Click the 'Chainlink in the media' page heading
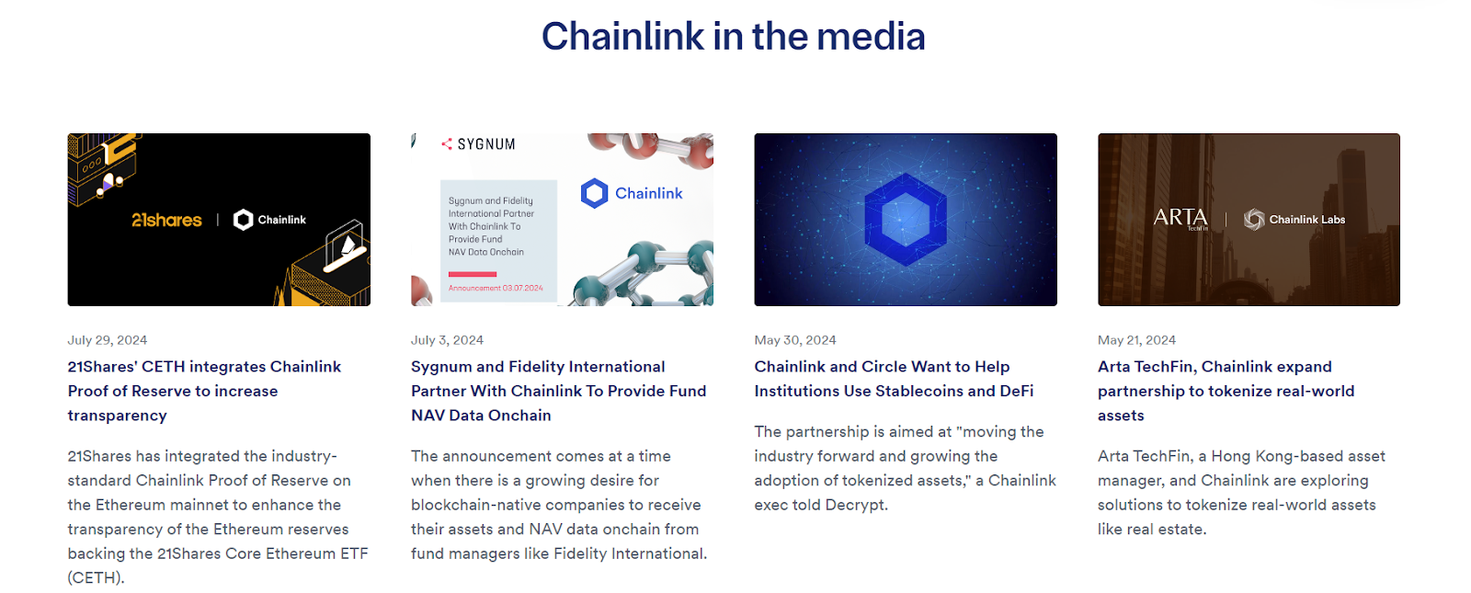(x=733, y=36)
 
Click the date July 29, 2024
(x=107, y=340)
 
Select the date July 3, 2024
(x=447, y=340)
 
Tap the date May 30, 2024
(x=794, y=340)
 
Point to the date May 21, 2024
(x=1136, y=340)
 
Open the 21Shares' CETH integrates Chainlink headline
(x=204, y=391)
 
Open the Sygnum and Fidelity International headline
(x=558, y=391)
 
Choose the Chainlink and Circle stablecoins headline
(x=894, y=379)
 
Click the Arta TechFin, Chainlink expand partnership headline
(x=1226, y=391)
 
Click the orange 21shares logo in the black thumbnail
(x=166, y=220)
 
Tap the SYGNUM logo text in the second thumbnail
(x=486, y=143)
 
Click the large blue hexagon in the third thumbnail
(x=906, y=220)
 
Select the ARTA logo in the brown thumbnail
(x=1180, y=217)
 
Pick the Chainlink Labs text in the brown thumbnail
(x=1306, y=220)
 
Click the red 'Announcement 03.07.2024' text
(x=496, y=288)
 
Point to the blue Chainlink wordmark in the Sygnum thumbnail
(x=649, y=193)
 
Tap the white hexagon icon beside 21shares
(x=243, y=220)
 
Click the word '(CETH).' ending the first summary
(x=96, y=578)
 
